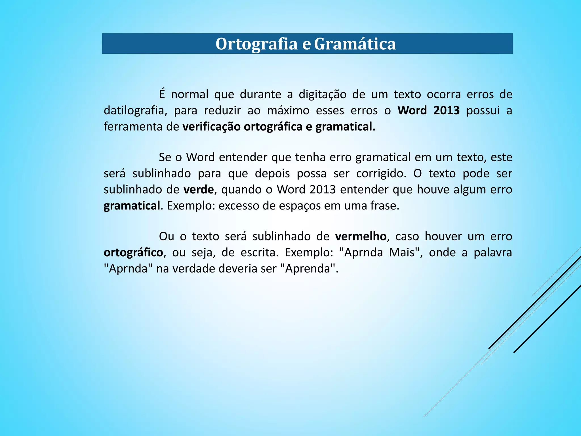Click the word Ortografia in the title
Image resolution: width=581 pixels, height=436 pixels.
click(256, 44)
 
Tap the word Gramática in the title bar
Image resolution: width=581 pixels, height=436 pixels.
click(355, 44)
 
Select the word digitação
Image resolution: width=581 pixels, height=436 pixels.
click(323, 95)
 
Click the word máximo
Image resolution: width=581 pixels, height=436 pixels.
click(288, 110)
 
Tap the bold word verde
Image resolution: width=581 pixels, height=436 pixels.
click(199, 190)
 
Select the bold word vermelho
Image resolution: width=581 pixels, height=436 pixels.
click(361, 236)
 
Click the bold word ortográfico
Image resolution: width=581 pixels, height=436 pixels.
click(133, 253)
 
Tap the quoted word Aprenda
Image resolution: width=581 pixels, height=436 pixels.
click(308, 269)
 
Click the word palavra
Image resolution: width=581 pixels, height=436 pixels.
click(493, 252)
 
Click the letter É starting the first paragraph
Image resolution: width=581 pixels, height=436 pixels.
click(162, 94)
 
